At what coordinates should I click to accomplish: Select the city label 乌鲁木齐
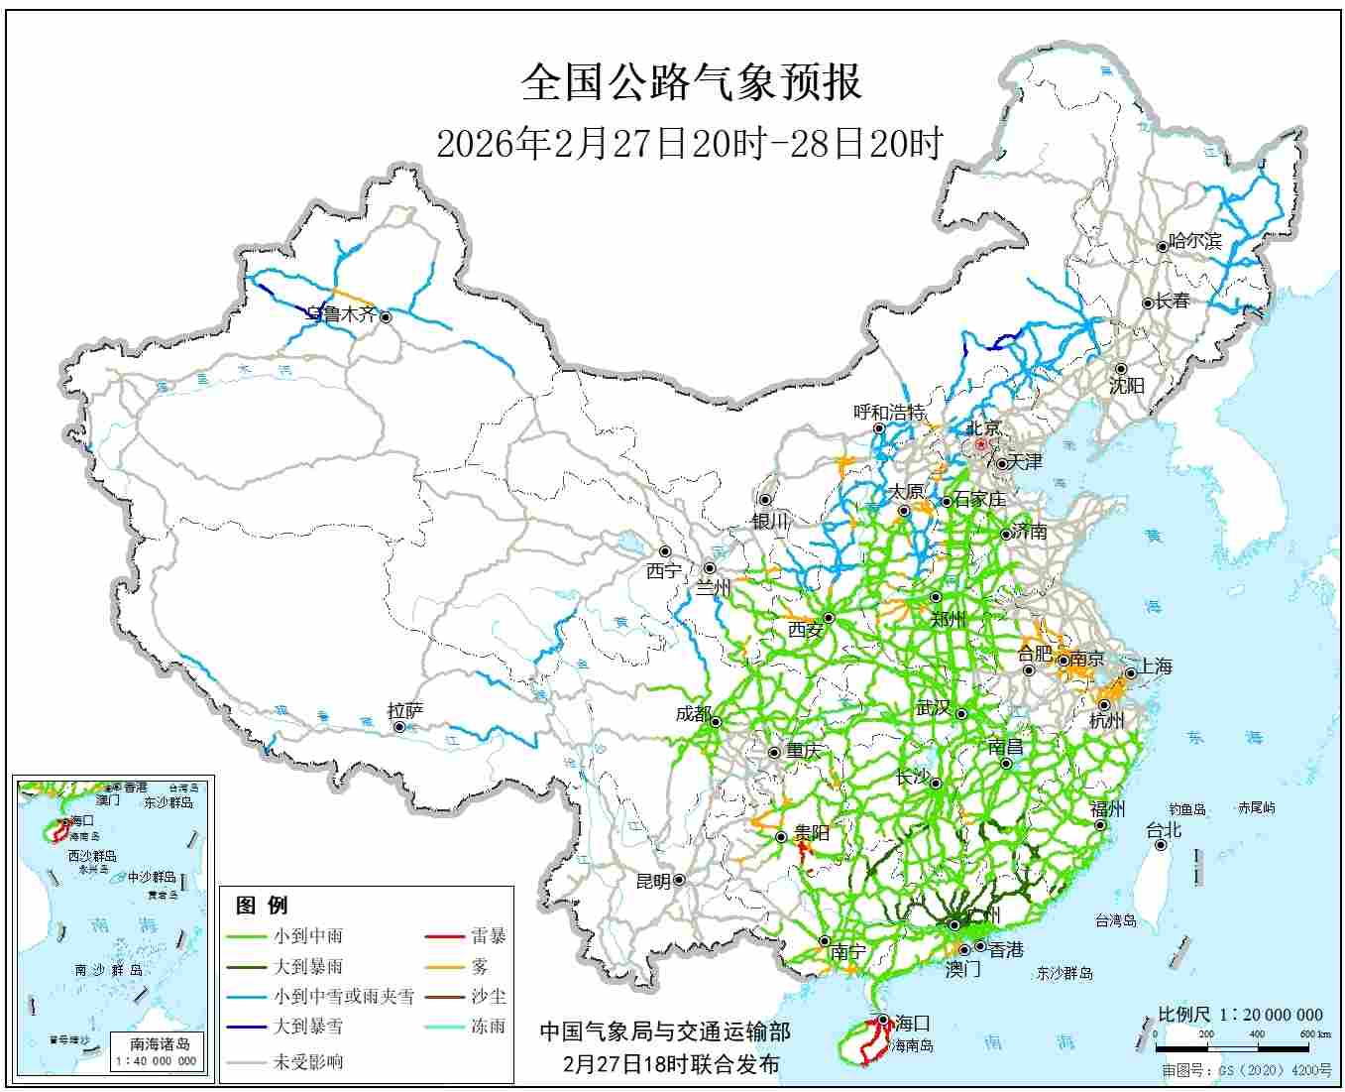pyautogui.click(x=341, y=314)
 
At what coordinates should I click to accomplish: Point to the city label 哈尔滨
pyautogui.click(x=1195, y=241)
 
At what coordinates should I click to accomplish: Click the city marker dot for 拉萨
pyautogui.click(x=399, y=727)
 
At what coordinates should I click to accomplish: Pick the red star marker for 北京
pyautogui.click(x=980, y=445)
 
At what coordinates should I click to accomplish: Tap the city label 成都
pyautogui.click(x=693, y=713)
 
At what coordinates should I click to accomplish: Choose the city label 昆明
pyautogui.click(x=652, y=881)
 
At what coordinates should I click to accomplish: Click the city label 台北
pyautogui.click(x=1164, y=830)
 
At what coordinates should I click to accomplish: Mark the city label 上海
pyautogui.click(x=1156, y=666)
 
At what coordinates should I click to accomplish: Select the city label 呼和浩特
pyautogui.click(x=889, y=412)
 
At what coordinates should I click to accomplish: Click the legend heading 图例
pyautogui.click(x=262, y=905)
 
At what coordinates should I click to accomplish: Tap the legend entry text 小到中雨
pyautogui.click(x=308, y=935)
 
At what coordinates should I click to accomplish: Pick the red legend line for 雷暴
pyautogui.click(x=444, y=935)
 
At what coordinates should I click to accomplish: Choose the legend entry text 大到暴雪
pyautogui.click(x=308, y=1027)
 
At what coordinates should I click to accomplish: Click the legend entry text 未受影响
pyautogui.click(x=308, y=1061)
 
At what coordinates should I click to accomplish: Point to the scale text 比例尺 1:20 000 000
pyautogui.click(x=1240, y=1015)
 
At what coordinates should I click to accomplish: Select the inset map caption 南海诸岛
pyautogui.click(x=160, y=1043)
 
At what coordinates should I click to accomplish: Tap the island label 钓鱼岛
pyautogui.click(x=1186, y=809)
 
